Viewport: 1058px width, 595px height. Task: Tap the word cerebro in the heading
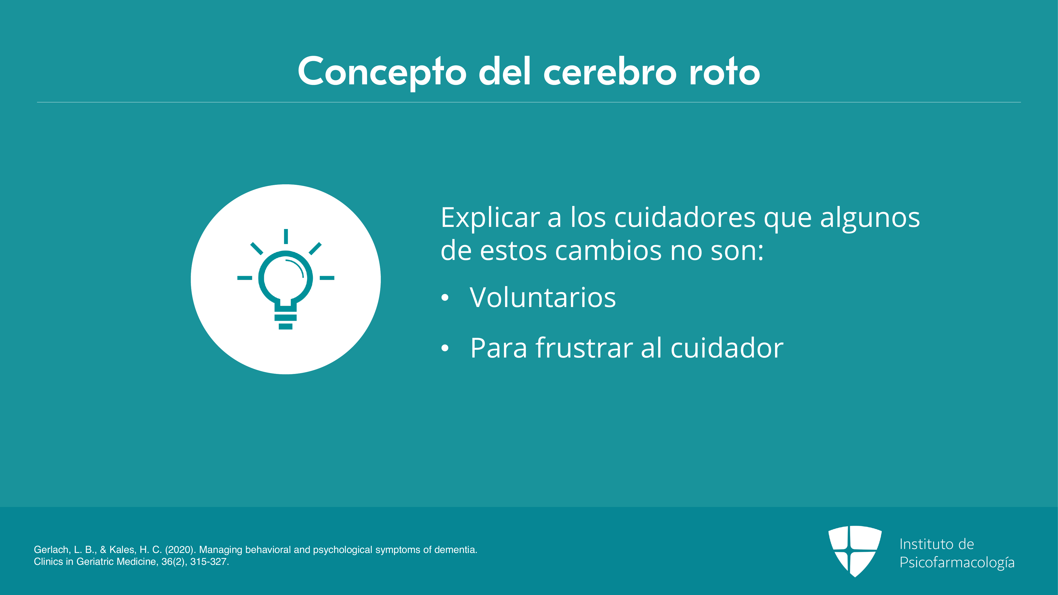point(610,72)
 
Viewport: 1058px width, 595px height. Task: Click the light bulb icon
point(286,279)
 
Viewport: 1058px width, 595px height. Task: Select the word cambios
point(609,250)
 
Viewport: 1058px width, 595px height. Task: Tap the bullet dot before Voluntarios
point(445,298)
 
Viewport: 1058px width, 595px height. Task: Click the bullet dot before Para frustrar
point(445,348)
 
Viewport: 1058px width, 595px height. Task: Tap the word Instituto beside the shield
point(924,544)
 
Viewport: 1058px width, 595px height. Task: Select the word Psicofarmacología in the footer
point(957,562)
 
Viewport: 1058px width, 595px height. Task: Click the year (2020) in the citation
point(180,550)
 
